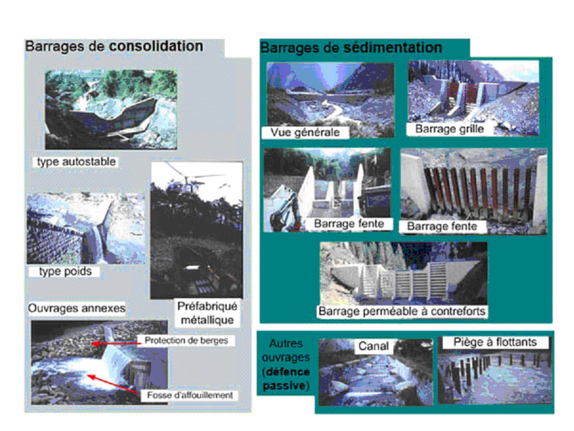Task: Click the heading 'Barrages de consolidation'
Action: (114, 46)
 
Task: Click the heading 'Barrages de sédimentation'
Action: (351, 48)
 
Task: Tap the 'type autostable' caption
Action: (76, 161)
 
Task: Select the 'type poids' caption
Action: (65, 272)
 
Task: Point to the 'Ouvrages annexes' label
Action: (77, 308)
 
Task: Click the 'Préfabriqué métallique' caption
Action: (207, 313)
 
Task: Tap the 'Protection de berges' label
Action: (186, 340)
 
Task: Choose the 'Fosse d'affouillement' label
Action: (189, 395)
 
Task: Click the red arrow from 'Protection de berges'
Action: (116, 344)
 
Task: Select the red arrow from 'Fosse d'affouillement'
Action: (113, 384)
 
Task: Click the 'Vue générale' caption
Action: (305, 132)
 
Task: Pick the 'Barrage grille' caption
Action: (450, 129)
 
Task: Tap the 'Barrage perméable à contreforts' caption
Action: (402, 311)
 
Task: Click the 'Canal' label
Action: (373, 346)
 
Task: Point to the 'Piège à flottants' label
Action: (495, 342)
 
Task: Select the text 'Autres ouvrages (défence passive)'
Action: (286, 365)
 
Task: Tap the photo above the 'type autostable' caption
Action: (111, 109)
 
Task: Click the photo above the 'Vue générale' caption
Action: (331, 99)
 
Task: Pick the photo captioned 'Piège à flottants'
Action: (495, 371)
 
